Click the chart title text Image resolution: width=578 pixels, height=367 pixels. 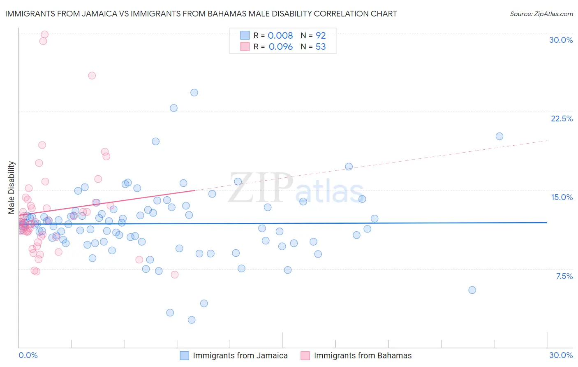coord(201,14)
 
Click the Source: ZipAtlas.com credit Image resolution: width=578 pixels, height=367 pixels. coord(541,14)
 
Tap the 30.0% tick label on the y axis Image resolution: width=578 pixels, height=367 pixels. coord(561,40)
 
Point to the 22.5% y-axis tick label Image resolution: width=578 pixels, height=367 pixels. coord(562,118)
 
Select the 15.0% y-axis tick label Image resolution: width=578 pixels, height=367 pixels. coord(562,197)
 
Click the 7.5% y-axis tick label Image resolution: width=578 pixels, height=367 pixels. coord(564,276)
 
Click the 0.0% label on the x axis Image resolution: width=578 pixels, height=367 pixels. coord(28,355)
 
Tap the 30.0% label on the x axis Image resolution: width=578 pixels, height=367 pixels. coord(561,355)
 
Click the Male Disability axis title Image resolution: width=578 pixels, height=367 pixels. coord(12,187)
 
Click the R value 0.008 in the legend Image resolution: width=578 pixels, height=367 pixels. coord(280,35)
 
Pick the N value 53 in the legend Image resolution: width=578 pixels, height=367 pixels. coord(321,47)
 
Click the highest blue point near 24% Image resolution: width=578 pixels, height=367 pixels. coord(194,93)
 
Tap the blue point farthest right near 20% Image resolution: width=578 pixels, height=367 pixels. coord(499,136)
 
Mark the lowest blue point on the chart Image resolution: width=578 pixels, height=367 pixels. coord(192,320)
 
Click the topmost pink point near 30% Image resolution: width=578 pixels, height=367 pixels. coord(45,35)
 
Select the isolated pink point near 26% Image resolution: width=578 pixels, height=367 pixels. coord(92,76)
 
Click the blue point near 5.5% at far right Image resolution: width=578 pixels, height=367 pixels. coord(472,290)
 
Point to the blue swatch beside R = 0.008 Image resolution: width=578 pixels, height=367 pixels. coord(245,35)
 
